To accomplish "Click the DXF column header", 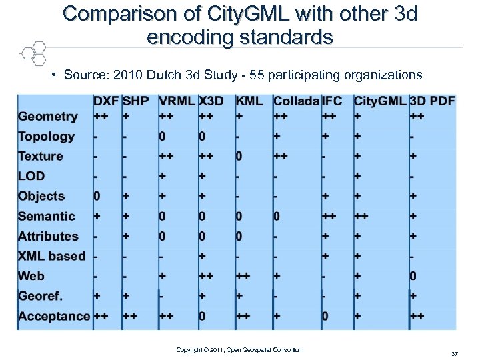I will [x=106, y=101].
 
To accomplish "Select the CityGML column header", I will [x=379, y=101].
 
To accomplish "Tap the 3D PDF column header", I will [x=433, y=101].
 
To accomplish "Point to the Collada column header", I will [x=296, y=101].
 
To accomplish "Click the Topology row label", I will [x=46, y=137].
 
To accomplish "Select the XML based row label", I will [x=51, y=256].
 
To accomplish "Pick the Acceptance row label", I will [x=54, y=316].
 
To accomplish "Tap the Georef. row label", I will [x=41, y=296].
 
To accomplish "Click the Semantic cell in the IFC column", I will [x=329, y=216].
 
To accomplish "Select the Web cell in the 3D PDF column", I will [x=413, y=276].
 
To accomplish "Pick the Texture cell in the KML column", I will [x=239, y=156].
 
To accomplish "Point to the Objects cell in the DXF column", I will [x=97, y=196].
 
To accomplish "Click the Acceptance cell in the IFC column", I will [x=325, y=316].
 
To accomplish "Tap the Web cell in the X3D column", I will [x=206, y=276].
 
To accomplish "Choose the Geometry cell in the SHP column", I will [x=126, y=116].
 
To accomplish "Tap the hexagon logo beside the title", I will [x=31, y=52].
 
